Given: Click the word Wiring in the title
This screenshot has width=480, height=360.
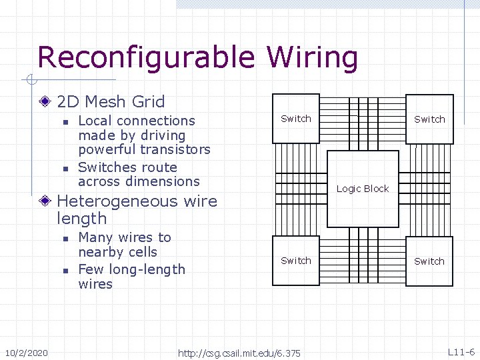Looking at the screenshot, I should [x=313, y=59].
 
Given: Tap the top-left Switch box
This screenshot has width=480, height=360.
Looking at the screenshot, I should [x=296, y=119].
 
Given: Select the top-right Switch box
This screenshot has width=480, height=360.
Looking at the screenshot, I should [x=429, y=119].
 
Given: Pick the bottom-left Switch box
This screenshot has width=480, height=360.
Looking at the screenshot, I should [x=296, y=261].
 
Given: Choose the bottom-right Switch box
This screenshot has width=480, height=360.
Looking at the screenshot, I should [x=429, y=261].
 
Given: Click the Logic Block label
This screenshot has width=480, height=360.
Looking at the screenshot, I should [x=363, y=189].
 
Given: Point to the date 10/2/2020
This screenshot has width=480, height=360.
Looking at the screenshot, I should [x=26, y=352].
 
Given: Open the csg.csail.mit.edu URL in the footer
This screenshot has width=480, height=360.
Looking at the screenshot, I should [x=239, y=352].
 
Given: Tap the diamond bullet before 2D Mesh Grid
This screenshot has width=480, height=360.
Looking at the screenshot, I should [x=45, y=102].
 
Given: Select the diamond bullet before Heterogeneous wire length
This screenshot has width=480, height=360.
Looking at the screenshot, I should [x=45, y=201].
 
